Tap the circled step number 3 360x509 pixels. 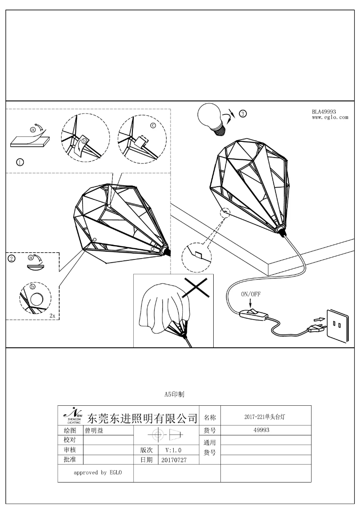243,114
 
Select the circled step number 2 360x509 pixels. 12,259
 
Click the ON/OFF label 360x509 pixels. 251,294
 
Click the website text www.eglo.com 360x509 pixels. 330,118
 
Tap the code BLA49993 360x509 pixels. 324,112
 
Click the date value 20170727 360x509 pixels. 173,460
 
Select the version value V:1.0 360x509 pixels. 173,450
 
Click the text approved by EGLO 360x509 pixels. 97,473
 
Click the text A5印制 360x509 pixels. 174,395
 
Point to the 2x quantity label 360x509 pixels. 53,316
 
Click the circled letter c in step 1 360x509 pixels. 152,126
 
